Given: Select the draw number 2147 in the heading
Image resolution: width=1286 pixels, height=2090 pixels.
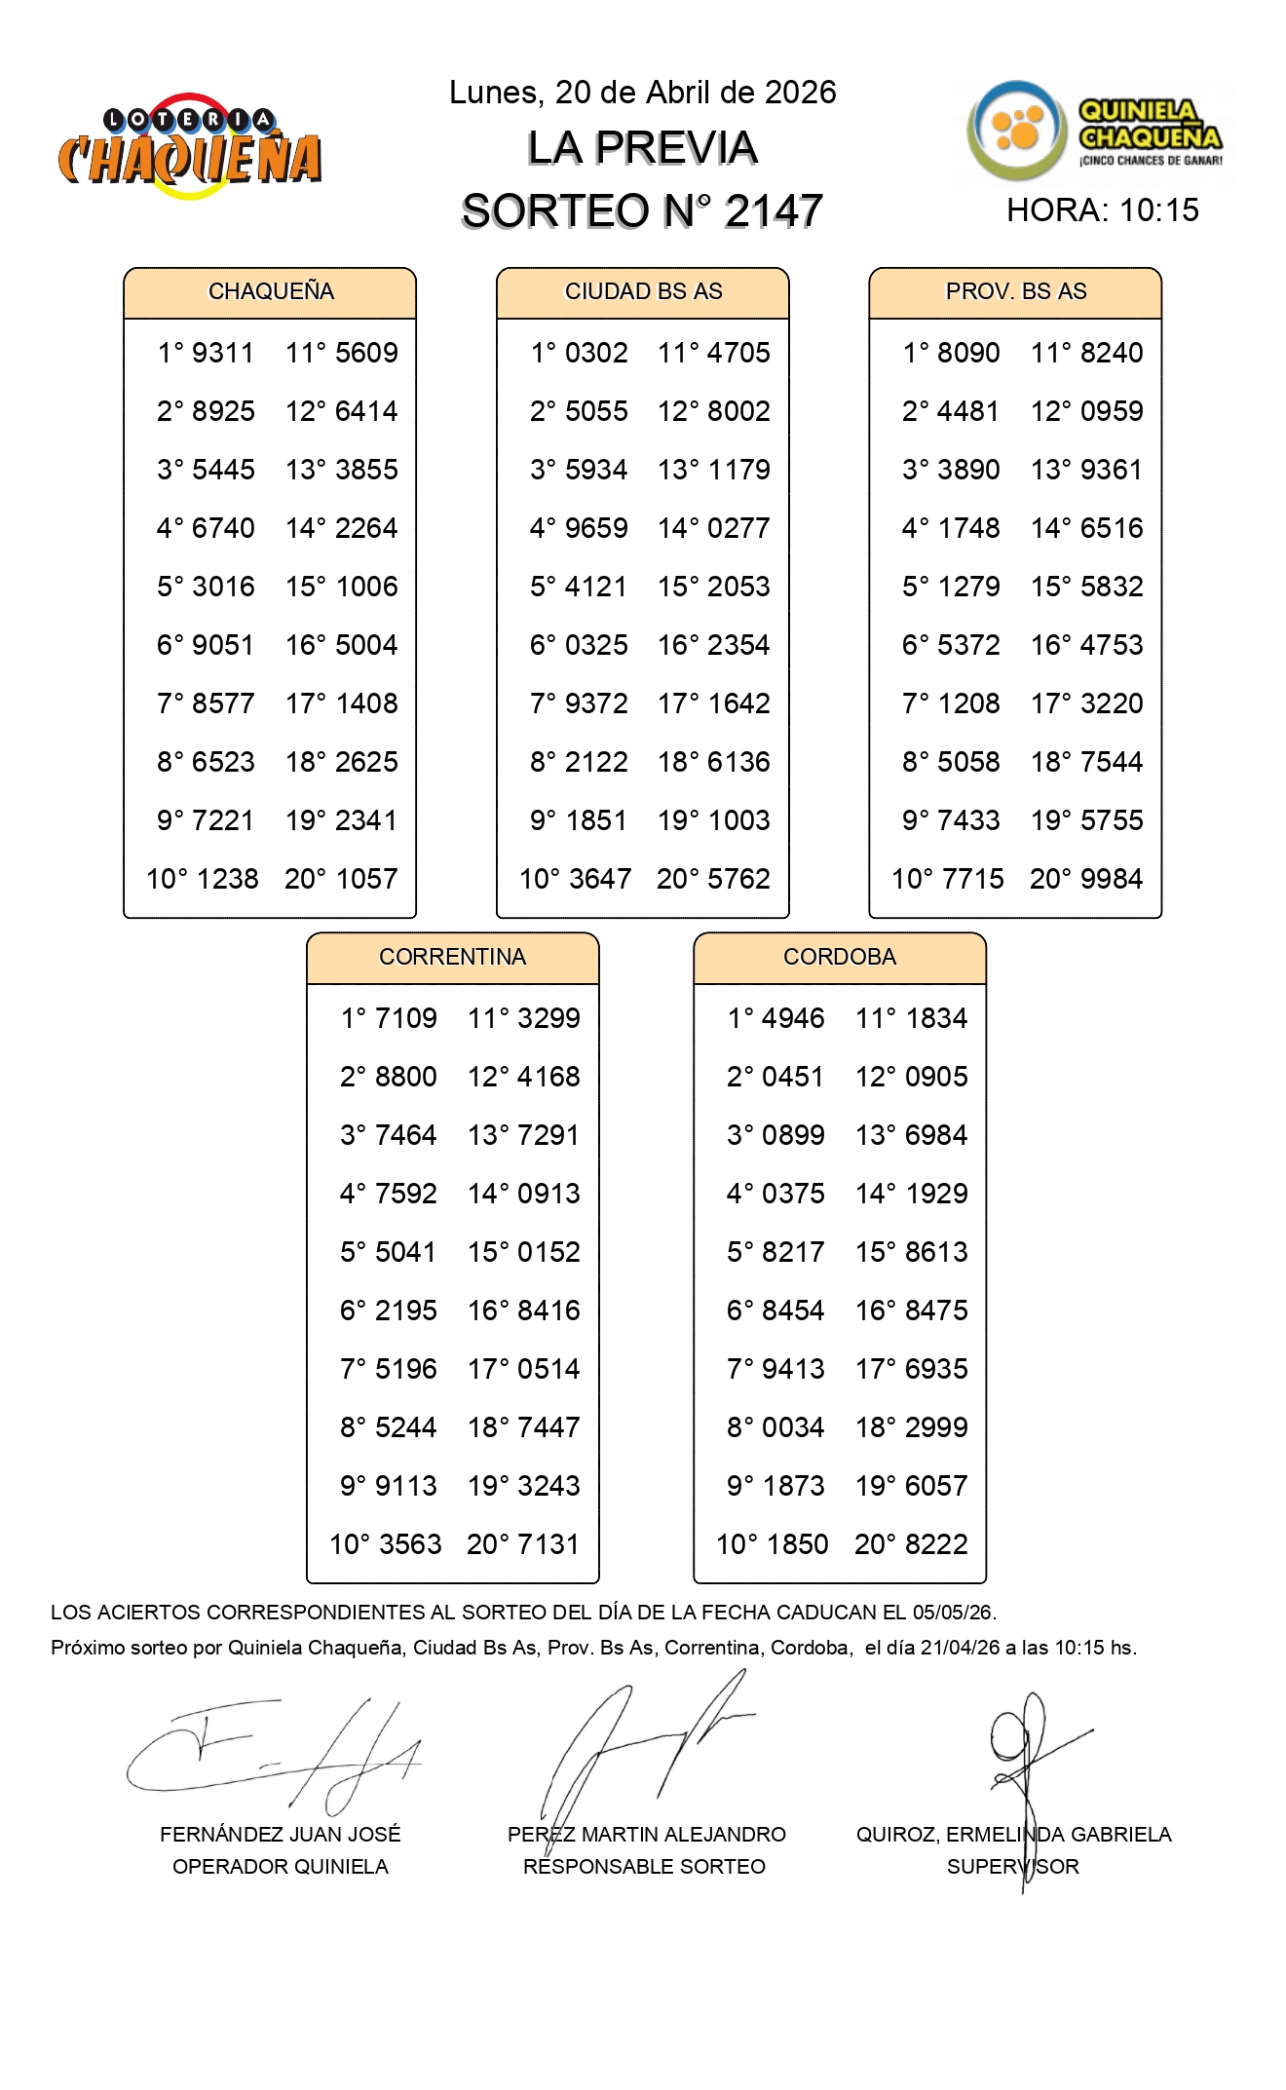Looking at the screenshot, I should tap(774, 211).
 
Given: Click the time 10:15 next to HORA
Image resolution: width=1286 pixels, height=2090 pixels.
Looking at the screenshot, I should tap(1159, 210).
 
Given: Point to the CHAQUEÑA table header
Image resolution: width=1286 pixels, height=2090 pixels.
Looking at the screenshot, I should tap(271, 291).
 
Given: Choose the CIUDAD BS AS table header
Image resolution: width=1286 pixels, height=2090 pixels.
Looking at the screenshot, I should tap(643, 291).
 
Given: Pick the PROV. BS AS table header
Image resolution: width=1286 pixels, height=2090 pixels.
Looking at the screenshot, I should tap(1015, 291).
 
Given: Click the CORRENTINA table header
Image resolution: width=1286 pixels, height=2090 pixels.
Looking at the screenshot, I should tap(452, 957).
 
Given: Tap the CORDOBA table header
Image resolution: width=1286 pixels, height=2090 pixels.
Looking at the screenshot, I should tap(839, 957).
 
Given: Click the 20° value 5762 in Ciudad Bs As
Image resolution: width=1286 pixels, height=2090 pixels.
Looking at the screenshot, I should tap(739, 879).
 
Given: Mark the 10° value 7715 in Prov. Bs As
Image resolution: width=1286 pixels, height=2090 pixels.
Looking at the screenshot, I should tap(972, 879).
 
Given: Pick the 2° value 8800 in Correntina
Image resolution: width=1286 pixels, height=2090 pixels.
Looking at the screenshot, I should tap(406, 1077).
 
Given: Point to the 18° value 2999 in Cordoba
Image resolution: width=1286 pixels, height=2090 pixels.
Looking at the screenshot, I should tap(936, 1427).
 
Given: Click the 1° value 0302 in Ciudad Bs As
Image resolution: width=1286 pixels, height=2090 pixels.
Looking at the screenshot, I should tap(596, 353).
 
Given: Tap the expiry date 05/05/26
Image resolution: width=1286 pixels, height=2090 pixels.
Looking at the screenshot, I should tap(954, 1613).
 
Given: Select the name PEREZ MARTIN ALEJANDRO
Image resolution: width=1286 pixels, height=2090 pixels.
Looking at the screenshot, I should tap(646, 1835).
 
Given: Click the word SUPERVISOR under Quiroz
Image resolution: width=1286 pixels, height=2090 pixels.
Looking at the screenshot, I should tap(1013, 1867).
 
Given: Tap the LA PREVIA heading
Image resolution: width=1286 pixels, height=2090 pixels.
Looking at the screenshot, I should tap(642, 148).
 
